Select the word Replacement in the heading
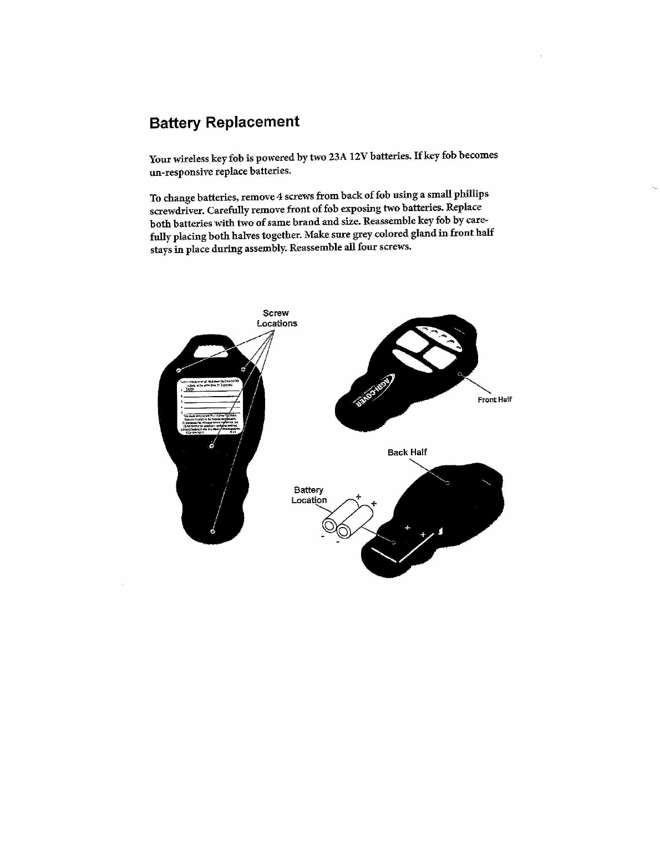point(252,122)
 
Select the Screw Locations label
point(276,318)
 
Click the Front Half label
point(495,399)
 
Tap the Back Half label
point(407,452)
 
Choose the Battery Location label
point(309,495)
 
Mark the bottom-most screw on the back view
point(212,531)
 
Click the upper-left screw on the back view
point(178,370)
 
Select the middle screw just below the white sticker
point(212,445)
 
